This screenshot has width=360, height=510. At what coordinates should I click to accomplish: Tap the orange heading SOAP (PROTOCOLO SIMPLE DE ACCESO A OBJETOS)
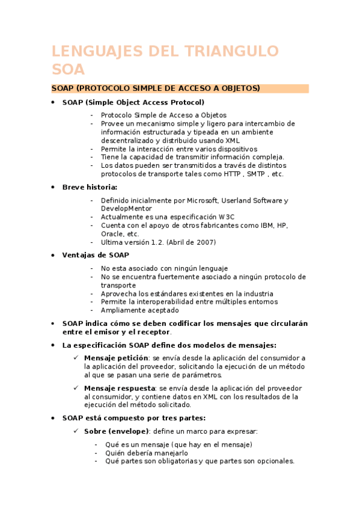(156, 88)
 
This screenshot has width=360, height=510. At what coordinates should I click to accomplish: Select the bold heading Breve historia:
(90, 187)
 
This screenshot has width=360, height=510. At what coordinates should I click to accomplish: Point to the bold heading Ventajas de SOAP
(96, 255)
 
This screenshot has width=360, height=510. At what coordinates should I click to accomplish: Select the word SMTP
(257, 174)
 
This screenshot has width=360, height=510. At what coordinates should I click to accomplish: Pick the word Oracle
(111, 234)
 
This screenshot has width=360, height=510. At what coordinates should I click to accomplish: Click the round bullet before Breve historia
(53, 187)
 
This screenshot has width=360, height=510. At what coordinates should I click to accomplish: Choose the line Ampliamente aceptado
(139, 310)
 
